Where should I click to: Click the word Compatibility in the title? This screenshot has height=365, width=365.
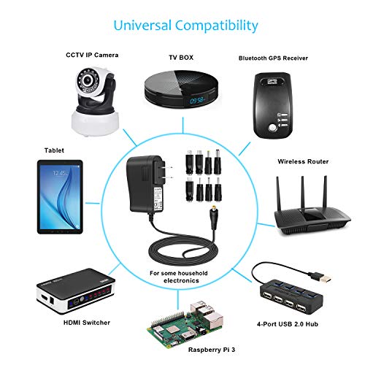(216, 26)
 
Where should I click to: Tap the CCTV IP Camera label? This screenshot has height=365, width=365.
(92, 55)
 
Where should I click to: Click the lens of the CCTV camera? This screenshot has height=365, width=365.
(87, 80)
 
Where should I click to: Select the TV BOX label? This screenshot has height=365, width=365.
(181, 58)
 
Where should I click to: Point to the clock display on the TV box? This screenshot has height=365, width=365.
(196, 100)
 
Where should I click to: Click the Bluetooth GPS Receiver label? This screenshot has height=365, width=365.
(273, 58)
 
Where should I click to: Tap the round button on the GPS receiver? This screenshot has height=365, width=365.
(272, 127)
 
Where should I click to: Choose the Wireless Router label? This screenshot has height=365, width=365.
(303, 161)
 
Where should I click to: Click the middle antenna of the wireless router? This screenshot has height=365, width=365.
(302, 192)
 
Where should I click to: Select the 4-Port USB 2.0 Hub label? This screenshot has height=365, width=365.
(288, 324)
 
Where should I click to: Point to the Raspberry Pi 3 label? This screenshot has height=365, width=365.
(212, 350)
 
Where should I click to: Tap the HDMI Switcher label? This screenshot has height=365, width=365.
(87, 323)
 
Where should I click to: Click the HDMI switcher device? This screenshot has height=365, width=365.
(76, 291)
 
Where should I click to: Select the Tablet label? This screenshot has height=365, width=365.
(54, 150)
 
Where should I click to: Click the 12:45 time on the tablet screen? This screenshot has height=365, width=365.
(59, 173)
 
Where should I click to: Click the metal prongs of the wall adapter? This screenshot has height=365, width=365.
(166, 172)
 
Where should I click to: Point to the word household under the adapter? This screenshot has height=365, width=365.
(193, 273)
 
